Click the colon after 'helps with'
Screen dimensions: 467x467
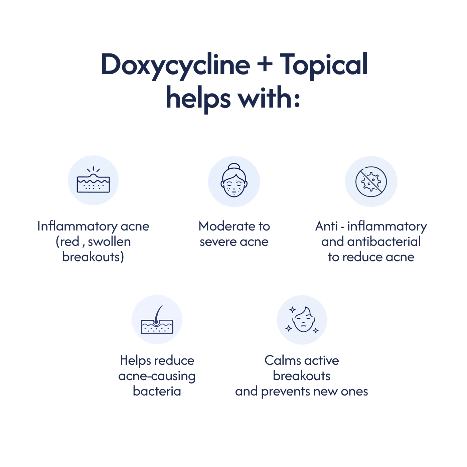click(297, 100)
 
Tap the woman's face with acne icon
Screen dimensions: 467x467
click(234, 180)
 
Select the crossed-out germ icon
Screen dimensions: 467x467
click(371, 181)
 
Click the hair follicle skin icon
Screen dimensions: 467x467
click(157, 320)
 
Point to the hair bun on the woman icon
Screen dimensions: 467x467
click(234, 166)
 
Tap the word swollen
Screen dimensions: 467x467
click(109, 242)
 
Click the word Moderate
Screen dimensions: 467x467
click(226, 226)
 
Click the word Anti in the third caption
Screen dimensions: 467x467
click(326, 226)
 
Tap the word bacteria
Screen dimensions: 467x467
click(157, 392)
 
